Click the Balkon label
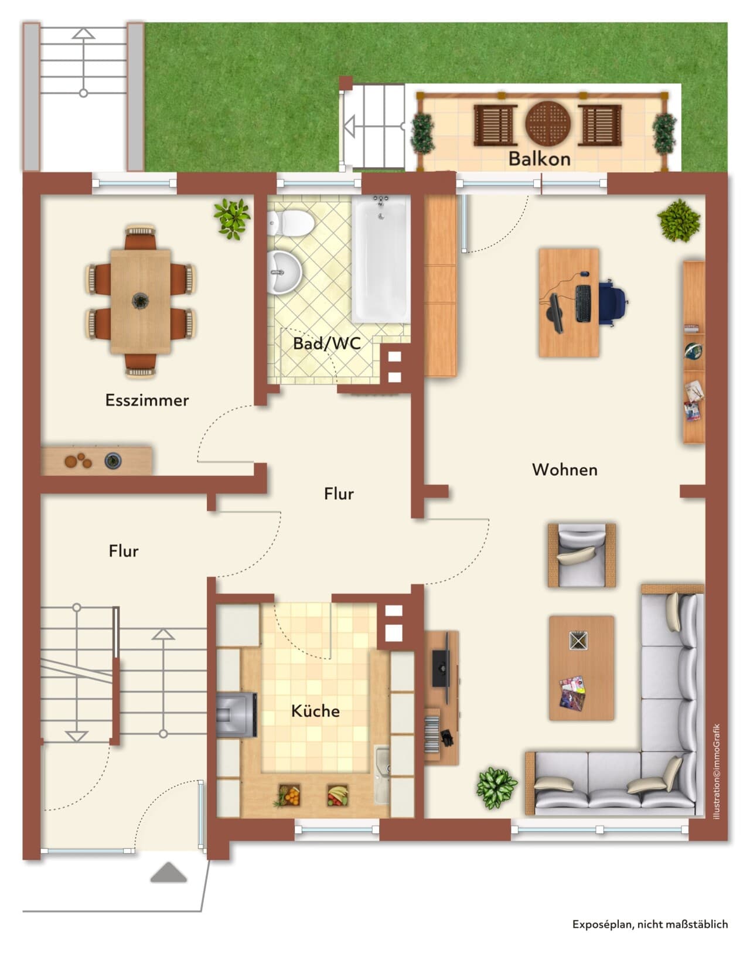click(x=539, y=159)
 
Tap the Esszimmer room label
click(x=147, y=400)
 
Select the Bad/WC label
click(x=327, y=343)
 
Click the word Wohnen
click(x=564, y=469)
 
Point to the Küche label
click(x=315, y=710)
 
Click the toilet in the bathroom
click(x=291, y=223)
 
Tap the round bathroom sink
click(x=284, y=273)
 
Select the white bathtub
click(x=381, y=259)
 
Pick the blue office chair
click(x=613, y=303)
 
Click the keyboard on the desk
click(x=583, y=304)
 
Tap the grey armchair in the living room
click(x=581, y=555)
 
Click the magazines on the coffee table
click(x=572, y=692)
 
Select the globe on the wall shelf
click(x=693, y=351)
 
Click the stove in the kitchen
click(x=237, y=715)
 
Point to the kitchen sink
click(x=381, y=775)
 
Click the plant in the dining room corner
click(x=232, y=218)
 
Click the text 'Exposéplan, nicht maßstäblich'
click(x=650, y=924)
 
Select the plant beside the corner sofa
click(x=497, y=787)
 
